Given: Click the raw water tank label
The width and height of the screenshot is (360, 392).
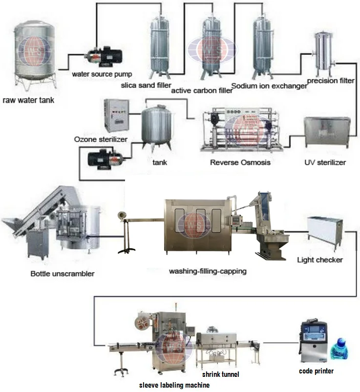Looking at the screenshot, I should (28, 101).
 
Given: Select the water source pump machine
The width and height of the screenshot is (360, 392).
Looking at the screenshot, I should (102, 57).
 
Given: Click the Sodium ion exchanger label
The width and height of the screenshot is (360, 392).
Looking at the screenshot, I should (269, 86).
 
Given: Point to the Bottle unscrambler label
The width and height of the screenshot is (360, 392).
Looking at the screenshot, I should (62, 273).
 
